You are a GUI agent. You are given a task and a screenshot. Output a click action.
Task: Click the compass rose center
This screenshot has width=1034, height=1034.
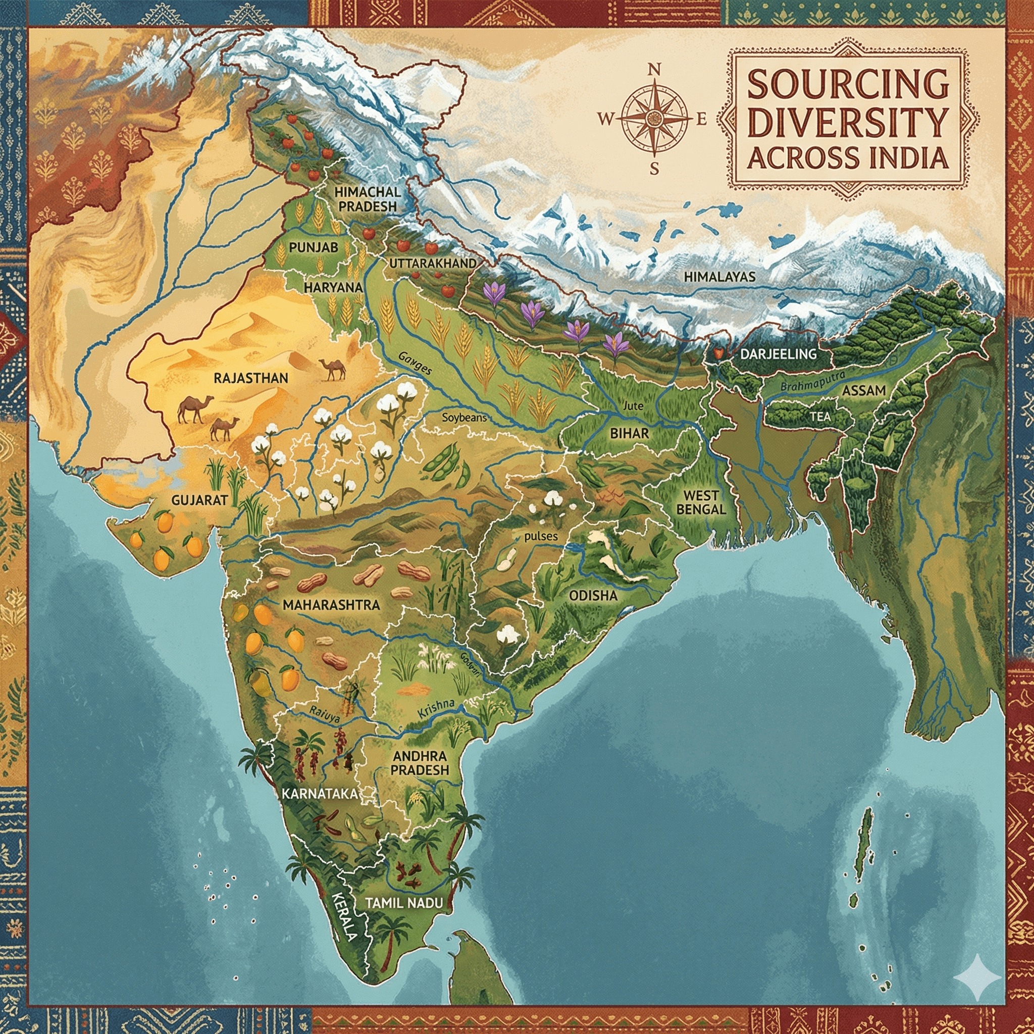tap(654, 119)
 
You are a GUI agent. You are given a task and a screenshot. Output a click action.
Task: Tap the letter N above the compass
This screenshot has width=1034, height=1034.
tap(654, 70)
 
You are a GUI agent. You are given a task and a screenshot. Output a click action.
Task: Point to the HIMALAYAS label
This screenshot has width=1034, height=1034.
tap(719, 277)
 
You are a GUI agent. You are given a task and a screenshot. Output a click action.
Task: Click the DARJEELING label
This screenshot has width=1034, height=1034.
tap(778, 354)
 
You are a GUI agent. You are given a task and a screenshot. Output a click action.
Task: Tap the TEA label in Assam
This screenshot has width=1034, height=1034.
tap(819, 416)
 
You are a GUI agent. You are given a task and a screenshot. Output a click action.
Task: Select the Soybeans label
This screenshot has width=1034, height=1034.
tap(464, 417)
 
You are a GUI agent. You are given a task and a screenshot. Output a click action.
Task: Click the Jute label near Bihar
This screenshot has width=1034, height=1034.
tap(633, 407)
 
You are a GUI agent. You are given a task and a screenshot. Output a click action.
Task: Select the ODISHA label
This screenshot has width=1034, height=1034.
tap(593, 596)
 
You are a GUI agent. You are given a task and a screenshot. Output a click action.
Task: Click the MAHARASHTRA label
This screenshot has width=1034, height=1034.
tap(331, 605)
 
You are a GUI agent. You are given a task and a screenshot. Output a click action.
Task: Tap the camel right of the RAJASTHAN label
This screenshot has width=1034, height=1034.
tap(332, 369)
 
